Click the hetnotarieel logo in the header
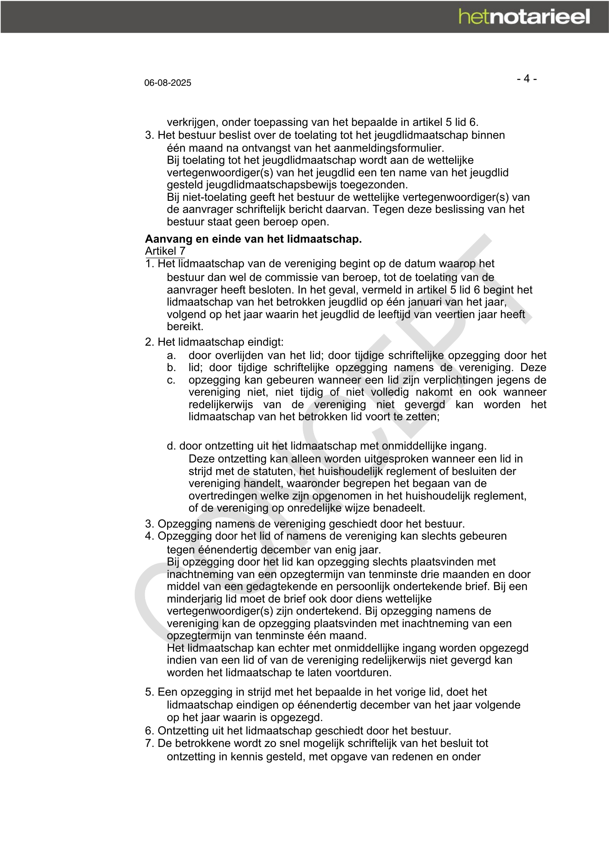click(524, 17)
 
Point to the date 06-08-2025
click(168, 83)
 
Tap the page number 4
click(526, 79)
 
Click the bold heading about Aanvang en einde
click(253, 239)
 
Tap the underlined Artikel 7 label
click(165, 251)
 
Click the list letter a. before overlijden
click(171, 356)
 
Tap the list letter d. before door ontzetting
click(171, 446)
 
